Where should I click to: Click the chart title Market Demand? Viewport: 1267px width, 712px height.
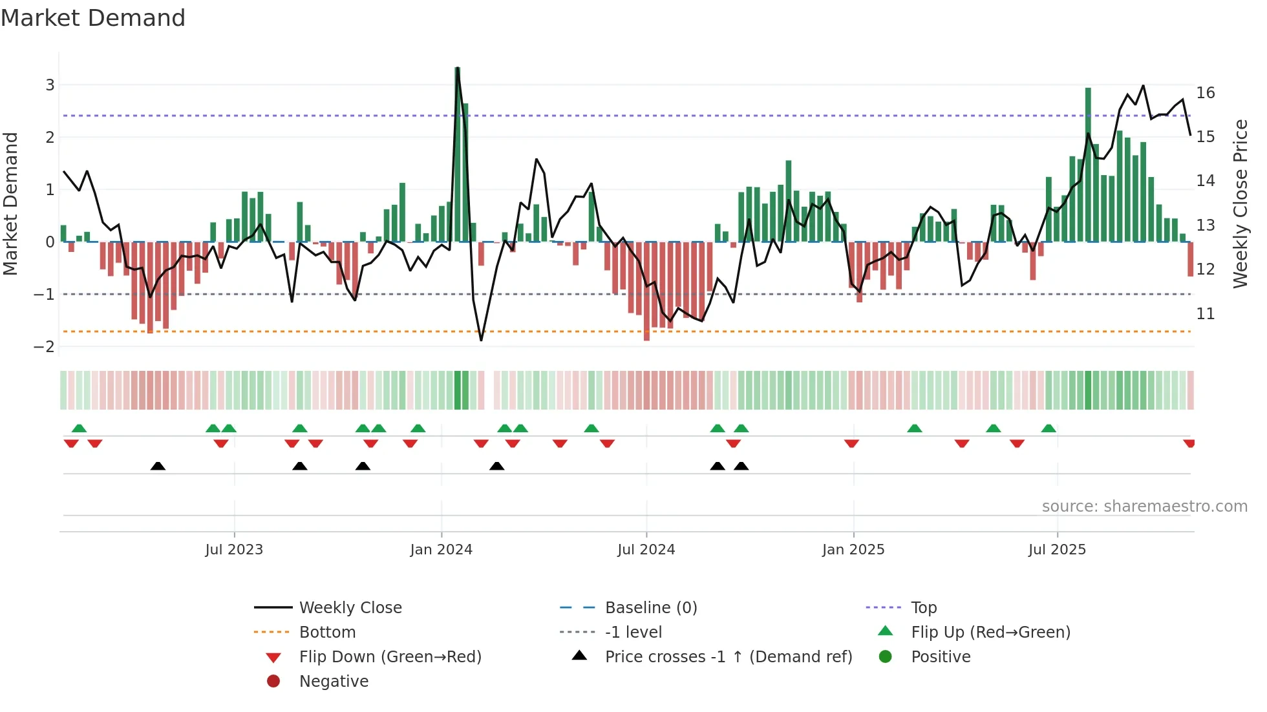click(x=93, y=18)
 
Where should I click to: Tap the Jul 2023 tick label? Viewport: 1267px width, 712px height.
click(x=234, y=550)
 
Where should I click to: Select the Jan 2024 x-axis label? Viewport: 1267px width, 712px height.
click(x=441, y=550)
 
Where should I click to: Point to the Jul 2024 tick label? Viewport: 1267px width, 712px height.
click(x=646, y=550)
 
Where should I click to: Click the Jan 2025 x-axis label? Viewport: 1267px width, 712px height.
click(x=853, y=550)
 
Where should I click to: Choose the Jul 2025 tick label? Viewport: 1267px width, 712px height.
click(x=1057, y=550)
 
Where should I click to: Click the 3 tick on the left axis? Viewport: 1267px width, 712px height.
click(x=50, y=85)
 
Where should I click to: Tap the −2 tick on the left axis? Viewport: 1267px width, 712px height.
click(x=45, y=347)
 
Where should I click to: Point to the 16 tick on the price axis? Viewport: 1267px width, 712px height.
click(x=1206, y=93)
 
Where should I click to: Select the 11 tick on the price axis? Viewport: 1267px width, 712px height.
click(x=1206, y=314)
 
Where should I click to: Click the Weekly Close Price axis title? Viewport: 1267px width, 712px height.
click(x=1240, y=204)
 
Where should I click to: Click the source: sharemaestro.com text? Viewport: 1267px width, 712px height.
click(x=1144, y=507)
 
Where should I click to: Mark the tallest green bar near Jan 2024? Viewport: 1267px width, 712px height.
click(x=458, y=155)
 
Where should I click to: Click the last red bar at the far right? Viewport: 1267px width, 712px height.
click(x=1190, y=259)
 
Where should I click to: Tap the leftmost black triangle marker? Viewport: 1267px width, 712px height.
click(x=158, y=466)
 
